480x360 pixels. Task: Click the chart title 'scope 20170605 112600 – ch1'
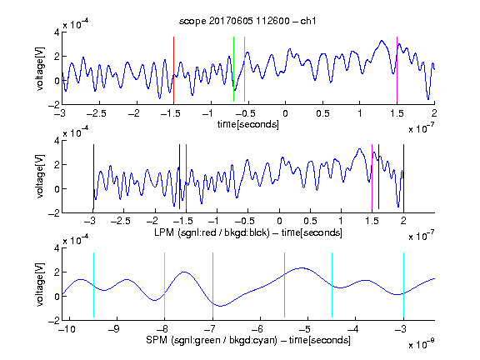(x=247, y=21)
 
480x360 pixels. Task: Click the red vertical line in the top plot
(x=173, y=69)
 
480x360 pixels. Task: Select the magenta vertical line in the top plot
(x=397, y=69)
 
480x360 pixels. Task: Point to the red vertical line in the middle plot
(x=186, y=177)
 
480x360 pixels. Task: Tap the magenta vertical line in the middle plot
(x=372, y=177)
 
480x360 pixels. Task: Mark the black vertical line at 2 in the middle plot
(x=403, y=177)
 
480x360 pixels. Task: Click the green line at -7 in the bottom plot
(x=212, y=285)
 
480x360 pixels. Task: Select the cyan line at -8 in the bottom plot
(x=164, y=285)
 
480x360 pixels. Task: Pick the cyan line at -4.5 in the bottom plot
(x=332, y=285)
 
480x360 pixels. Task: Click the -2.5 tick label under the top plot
(x=96, y=113)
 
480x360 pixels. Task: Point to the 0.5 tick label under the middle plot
(x=310, y=221)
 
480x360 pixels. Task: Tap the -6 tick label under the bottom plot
(x=260, y=329)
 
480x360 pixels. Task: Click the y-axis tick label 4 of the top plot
(x=57, y=32)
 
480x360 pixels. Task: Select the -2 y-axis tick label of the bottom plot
(x=53, y=321)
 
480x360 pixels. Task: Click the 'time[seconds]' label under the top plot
(x=248, y=124)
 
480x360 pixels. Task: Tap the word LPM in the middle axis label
(x=164, y=232)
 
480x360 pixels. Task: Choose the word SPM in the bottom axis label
(x=157, y=340)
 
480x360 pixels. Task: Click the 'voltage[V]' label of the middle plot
(x=40, y=177)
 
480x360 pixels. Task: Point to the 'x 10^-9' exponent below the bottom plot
(x=422, y=344)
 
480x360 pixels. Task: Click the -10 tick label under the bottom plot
(x=67, y=329)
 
